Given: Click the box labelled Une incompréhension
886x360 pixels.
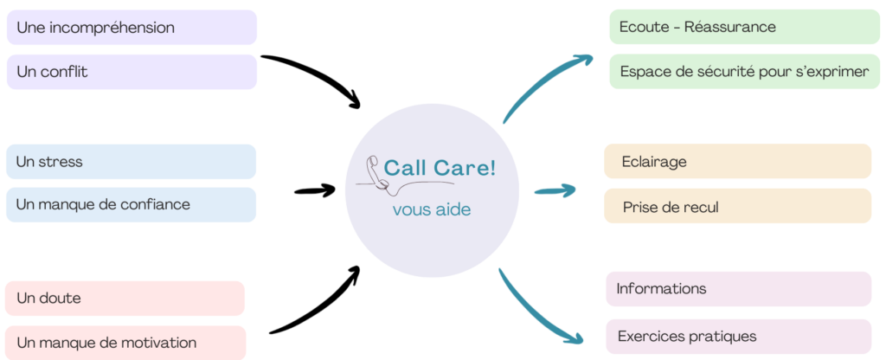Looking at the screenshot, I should click(132, 27).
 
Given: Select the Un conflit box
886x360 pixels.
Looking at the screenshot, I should click(132, 72).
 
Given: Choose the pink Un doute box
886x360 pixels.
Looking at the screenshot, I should click(125, 299).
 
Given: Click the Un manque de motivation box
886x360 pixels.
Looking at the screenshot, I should click(125, 343).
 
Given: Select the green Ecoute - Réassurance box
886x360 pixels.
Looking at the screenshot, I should click(744, 27).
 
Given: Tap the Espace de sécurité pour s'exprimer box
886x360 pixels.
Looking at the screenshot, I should click(744, 71).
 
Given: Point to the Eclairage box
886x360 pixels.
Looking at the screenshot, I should click(737, 162).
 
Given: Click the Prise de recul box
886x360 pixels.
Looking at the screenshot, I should click(737, 207).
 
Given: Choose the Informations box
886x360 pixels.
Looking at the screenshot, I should click(738, 289).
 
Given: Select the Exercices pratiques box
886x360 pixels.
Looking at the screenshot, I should click(738, 337).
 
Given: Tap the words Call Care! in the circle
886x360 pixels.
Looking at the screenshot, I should click(440, 168).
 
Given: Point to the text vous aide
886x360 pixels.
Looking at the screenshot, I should click(432, 209).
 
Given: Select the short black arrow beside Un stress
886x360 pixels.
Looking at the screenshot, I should click(314, 190).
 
